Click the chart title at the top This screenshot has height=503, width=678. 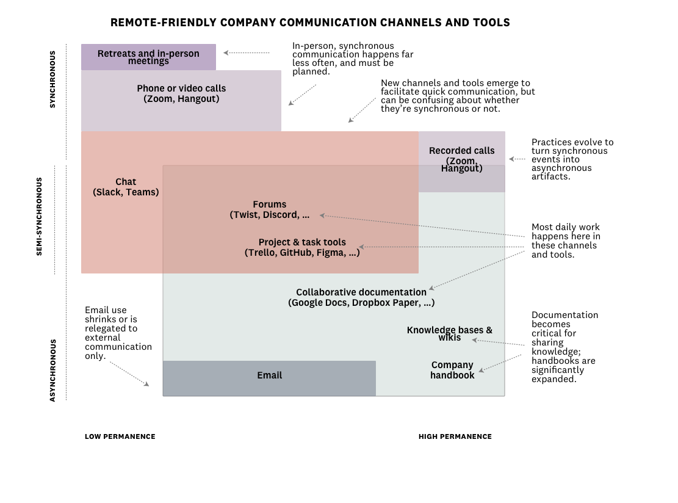(x=310, y=23)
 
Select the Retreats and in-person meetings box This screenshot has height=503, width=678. (x=148, y=57)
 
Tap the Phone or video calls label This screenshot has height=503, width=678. (x=181, y=93)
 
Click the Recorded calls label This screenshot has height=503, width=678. (x=461, y=159)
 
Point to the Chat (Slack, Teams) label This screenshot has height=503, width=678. (x=126, y=187)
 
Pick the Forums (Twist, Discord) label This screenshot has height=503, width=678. (x=270, y=209)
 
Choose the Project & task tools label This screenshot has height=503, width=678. (x=302, y=247)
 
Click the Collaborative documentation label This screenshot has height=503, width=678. (x=361, y=297)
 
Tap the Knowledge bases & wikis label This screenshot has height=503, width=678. (x=450, y=333)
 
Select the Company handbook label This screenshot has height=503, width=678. (x=452, y=370)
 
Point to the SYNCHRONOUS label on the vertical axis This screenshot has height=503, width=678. (x=52, y=79)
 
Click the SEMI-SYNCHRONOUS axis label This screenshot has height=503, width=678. (x=40, y=216)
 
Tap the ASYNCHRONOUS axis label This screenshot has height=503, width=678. (x=52, y=370)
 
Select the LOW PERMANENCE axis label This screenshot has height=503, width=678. (x=120, y=436)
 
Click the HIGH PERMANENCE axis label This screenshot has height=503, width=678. (x=455, y=436)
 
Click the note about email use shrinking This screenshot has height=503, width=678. (x=118, y=333)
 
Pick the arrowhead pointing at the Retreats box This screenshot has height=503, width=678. (x=226, y=53)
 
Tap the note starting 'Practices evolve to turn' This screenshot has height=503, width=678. (x=572, y=159)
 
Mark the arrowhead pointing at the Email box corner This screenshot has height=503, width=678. (x=146, y=384)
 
